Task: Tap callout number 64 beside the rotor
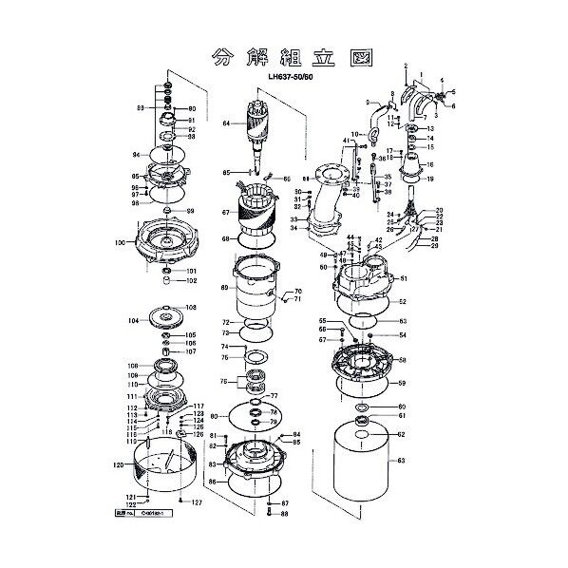click(x=227, y=123)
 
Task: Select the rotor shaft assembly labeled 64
click(x=259, y=123)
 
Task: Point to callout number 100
click(x=119, y=243)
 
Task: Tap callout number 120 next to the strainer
click(x=118, y=465)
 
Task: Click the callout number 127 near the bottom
click(x=197, y=502)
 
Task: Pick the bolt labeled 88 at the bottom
click(x=271, y=513)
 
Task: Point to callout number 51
click(x=403, y=278)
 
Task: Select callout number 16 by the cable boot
click(x=429, y=164)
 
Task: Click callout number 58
click(x=403, y=361)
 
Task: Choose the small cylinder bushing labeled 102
click(x=168, y=280)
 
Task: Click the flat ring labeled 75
click(x=255, y=358)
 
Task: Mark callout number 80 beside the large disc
click(x=215, y=416)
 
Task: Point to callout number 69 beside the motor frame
click(x=225, y=287)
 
